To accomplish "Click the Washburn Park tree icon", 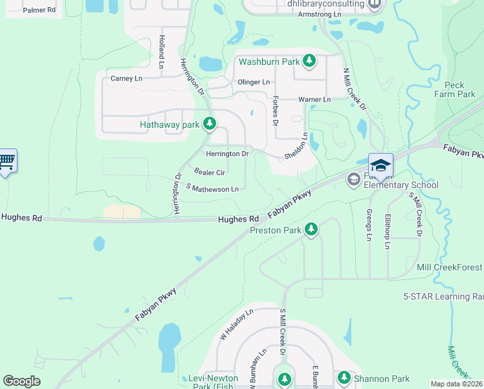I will click(x=310, y=62).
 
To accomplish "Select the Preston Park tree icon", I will click(x=311, y=229).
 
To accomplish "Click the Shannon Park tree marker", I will click(x=343, y=378).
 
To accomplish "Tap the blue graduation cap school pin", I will click(x=380, y=165).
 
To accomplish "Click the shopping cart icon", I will click(x=6, y=161).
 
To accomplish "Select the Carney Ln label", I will click(x=126, y=78).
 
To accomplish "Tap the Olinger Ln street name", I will click(x=254, y=82).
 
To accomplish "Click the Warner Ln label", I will click(x=314, y=100).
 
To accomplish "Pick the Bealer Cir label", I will click(x=209, y=172).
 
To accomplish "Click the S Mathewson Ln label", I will click(x=212, y=189).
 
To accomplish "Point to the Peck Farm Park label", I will click(x=460, y=89).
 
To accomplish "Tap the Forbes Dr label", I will click(x=275, y=111).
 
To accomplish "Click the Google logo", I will click(x=22, y=381).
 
